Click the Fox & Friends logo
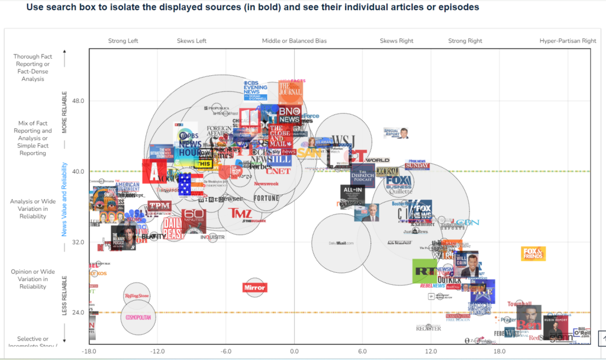533,253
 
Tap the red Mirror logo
254,288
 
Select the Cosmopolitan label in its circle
137,317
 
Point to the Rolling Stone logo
137,295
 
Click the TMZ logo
240,213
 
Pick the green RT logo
424,271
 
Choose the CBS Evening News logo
259,89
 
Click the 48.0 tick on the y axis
78,101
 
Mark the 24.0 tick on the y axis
78,312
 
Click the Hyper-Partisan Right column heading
568,41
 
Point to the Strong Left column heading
123,41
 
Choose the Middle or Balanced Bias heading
294,41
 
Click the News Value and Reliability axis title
65,200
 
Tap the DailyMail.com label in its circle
341,243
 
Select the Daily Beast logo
175,228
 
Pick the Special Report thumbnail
397,132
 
